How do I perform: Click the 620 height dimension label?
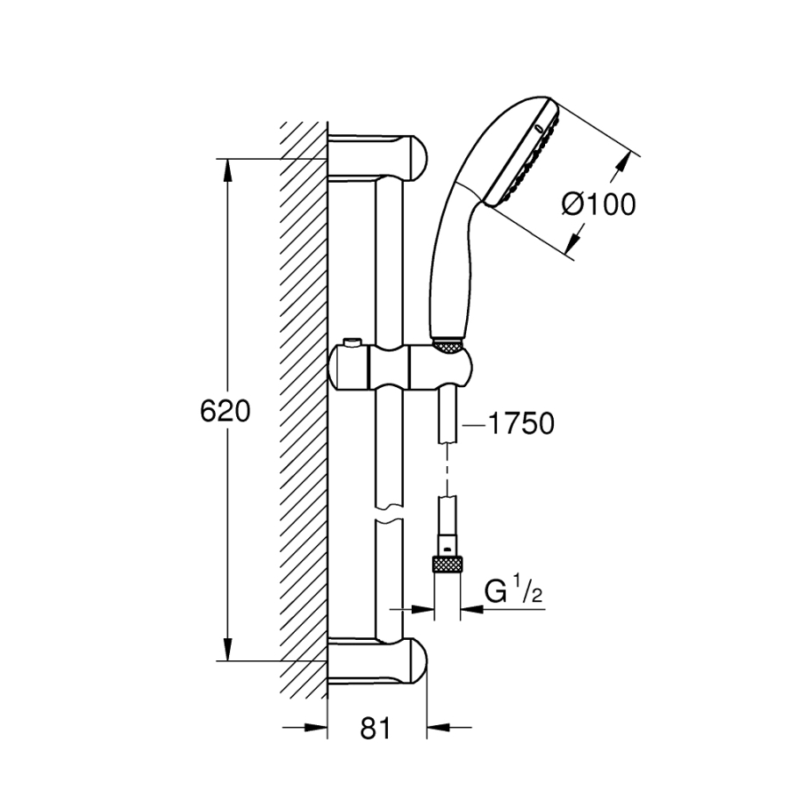tap(226, 410)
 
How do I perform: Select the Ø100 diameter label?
tap(598, 205)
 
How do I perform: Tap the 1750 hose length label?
tap(521, 424)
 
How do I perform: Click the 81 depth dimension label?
tap(375, 728)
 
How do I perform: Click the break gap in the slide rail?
tap(387, 514)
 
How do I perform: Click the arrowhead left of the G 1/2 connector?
tap(427, 607)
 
